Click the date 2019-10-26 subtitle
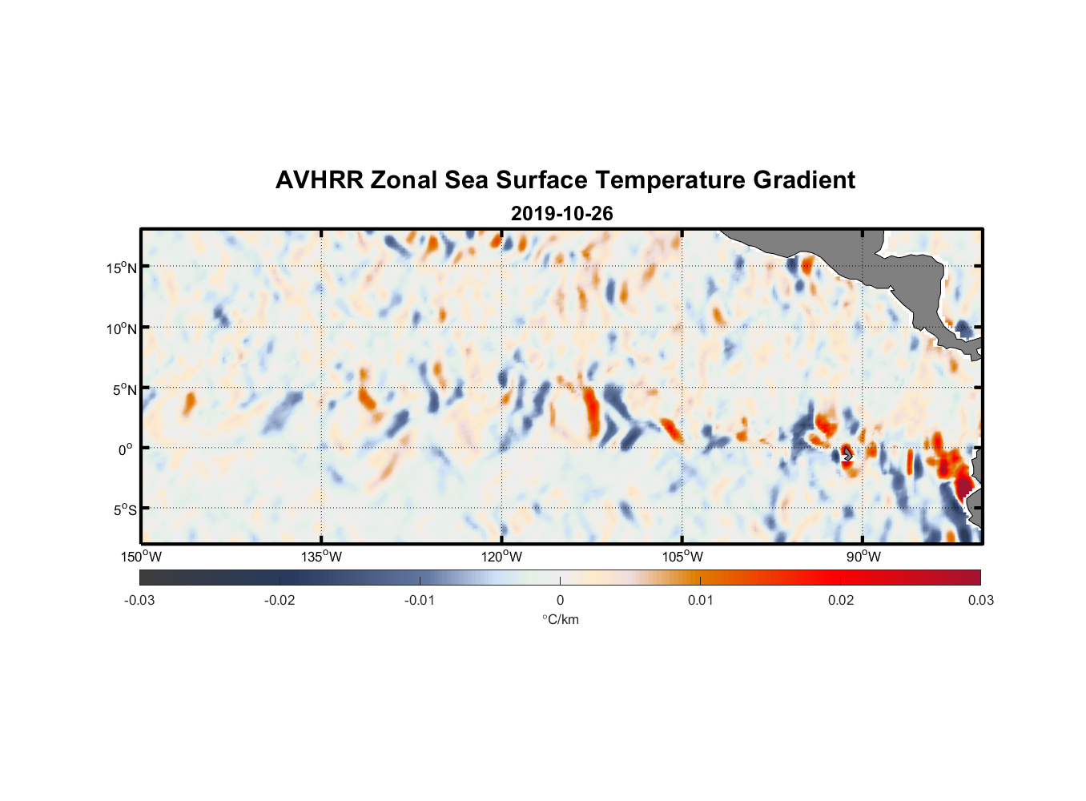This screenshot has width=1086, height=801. (x=561, y=214)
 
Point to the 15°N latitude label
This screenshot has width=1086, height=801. (x=122, y=268)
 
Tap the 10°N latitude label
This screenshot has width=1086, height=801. (x=122, y=328)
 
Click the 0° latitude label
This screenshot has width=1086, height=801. (x=126, y=450)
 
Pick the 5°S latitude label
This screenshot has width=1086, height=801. (x=124, y=510)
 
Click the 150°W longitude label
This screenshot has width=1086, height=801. (x=141, y=557)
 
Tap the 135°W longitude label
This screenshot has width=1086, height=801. (x=321, y=557)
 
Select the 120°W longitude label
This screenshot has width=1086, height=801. (x=501, y=557)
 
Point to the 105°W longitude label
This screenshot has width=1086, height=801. (x=682, y=557)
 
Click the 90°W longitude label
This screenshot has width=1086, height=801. (x=863, y=557)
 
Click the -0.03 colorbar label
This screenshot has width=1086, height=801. (x=139, y=600)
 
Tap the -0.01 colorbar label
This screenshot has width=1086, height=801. (x=420, y=600)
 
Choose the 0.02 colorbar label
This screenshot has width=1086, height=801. (x=841, y=600)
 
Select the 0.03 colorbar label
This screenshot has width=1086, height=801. (x=980, y=600)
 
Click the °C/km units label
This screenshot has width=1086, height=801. (x=560, y=619)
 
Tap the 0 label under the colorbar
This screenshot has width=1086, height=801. (x=560, y=600)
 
